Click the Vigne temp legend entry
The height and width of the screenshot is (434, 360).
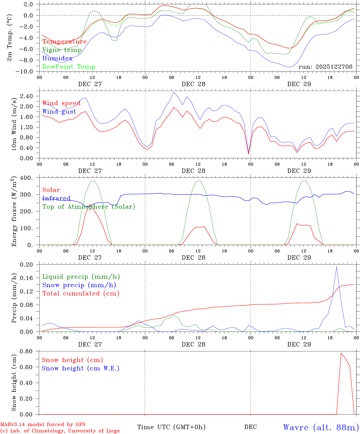62,50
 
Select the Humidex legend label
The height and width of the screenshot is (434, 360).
57,58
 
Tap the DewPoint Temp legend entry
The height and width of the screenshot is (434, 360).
69,67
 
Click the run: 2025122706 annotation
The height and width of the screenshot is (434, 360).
325,67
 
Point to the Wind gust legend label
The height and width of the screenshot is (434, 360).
59,112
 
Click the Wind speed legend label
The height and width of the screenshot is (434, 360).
61,103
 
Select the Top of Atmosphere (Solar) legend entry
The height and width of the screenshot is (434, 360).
89,207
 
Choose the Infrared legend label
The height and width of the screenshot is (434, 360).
56,198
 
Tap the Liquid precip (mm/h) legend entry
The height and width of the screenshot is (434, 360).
81,277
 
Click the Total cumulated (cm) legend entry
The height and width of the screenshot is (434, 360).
81,294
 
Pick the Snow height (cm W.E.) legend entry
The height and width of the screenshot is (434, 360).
81,368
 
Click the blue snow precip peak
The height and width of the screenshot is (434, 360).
336,267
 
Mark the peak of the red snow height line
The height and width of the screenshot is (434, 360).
341,353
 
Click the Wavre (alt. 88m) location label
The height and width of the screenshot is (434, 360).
321,427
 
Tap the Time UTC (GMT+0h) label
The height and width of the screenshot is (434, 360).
171,427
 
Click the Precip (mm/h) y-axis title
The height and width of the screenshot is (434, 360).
14,298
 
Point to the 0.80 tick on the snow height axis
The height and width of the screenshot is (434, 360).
27,351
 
